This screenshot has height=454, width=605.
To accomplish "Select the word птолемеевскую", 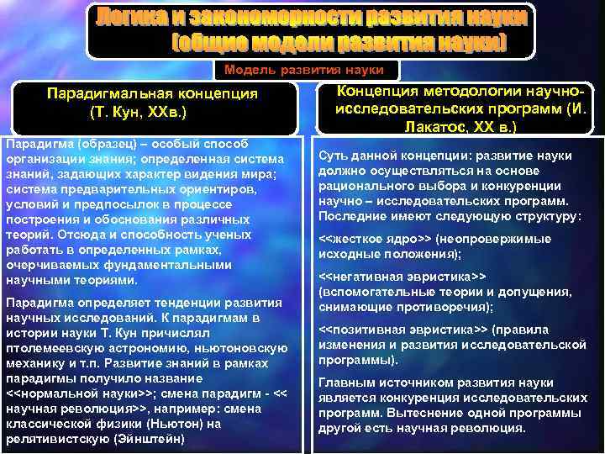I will (x=56, y=346).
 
